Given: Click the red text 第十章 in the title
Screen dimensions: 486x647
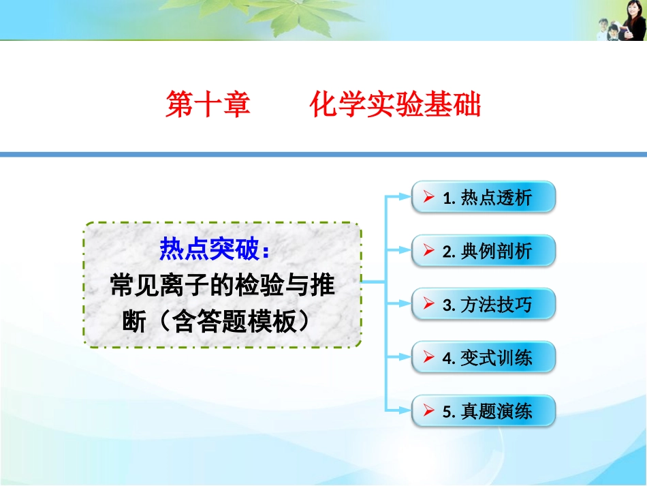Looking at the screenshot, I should pyautogui.click(x=208, y=106).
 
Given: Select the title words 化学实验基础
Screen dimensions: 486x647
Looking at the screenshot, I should pyautogui.click(x=395, y=106).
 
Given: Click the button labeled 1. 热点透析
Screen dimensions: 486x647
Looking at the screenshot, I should pyautogui.click(x=484, y=198).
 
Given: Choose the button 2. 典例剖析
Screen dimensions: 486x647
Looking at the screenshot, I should pyautogui.click(x=484, y=251).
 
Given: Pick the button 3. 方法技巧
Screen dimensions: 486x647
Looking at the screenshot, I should pyautogui.click(x=484, y=304).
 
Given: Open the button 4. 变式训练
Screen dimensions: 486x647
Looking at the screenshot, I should pyautogui.click(x=484, y=357).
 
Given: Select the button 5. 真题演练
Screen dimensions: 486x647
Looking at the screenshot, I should pyautogui.click(x=484, y=411).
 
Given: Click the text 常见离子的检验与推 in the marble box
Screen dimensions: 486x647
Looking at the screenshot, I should pyautogui.click(x=222, y=286).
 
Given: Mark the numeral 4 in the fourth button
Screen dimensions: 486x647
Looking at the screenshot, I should pyautogui.click(x=447, y=358).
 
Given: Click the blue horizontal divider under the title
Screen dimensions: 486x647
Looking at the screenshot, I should pyautogui.click(x=323, y=155).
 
